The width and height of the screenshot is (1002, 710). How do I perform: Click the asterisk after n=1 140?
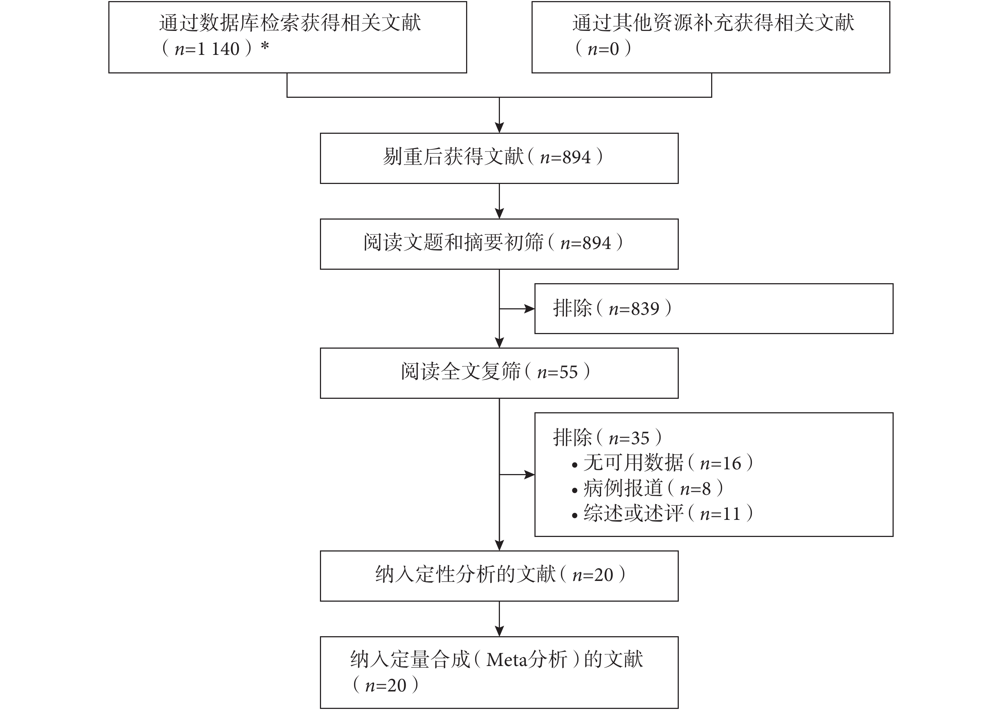(x=265, y=46)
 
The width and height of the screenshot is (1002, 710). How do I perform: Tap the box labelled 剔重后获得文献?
(x=499, y=158)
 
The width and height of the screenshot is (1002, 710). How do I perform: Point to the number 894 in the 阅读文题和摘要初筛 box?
(x=596, y=243)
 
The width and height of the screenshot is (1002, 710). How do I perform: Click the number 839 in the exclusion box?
(x=645, y=309)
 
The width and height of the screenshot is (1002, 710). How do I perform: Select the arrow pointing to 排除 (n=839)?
(x=517, y=309)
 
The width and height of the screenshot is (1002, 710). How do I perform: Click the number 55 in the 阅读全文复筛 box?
(x=568, y=372)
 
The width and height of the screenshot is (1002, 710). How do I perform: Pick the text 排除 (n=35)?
(x=608, y=437)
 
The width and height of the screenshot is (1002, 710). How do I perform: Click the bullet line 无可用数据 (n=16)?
(x=663, y=463)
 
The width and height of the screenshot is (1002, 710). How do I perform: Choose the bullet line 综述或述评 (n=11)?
(x=663, y=513)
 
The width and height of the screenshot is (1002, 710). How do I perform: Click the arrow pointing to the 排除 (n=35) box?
(x=517, y=475)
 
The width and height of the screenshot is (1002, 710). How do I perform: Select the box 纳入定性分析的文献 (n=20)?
(x=499, y=576)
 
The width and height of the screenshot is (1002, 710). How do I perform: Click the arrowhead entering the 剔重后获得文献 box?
(x=499, y=128)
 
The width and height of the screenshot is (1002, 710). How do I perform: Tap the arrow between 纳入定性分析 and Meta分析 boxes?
(x=499, y=619)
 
